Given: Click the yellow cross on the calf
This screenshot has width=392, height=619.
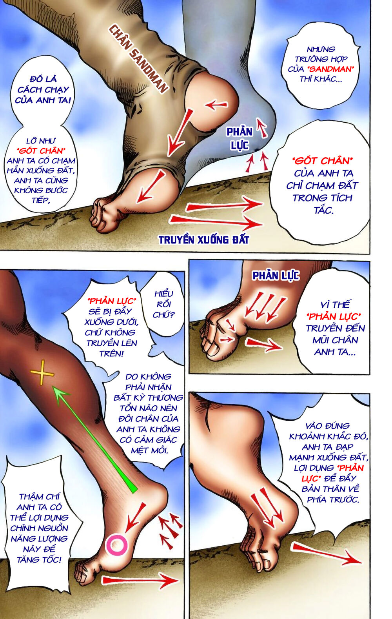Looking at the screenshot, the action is (x=42, y=373).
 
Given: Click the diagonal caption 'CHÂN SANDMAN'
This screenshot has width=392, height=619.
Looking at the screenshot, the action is (x=138, y=58).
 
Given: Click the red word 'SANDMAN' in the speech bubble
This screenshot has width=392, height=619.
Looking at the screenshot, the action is (x=331, y=69).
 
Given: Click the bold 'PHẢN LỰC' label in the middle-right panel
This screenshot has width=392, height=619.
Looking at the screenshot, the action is (x=276, y=276).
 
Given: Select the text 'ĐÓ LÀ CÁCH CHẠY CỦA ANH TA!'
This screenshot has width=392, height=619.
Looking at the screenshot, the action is (x=43, y=89).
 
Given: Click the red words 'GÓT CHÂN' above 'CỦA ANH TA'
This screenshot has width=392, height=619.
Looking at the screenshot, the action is (x=322, y=161).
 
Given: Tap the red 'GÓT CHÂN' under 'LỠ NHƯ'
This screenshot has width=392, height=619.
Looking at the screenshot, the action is (x=41, y=151).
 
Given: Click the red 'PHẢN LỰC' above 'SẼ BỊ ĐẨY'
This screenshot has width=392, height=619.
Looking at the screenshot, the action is (x=112, y=301).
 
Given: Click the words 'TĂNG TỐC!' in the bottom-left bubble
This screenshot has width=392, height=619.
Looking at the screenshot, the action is (x=39, y=560).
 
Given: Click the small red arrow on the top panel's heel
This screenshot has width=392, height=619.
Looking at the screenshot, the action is (x=216, y=104).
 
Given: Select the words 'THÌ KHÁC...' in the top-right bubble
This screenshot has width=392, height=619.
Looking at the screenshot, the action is (x=321, y=79).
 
